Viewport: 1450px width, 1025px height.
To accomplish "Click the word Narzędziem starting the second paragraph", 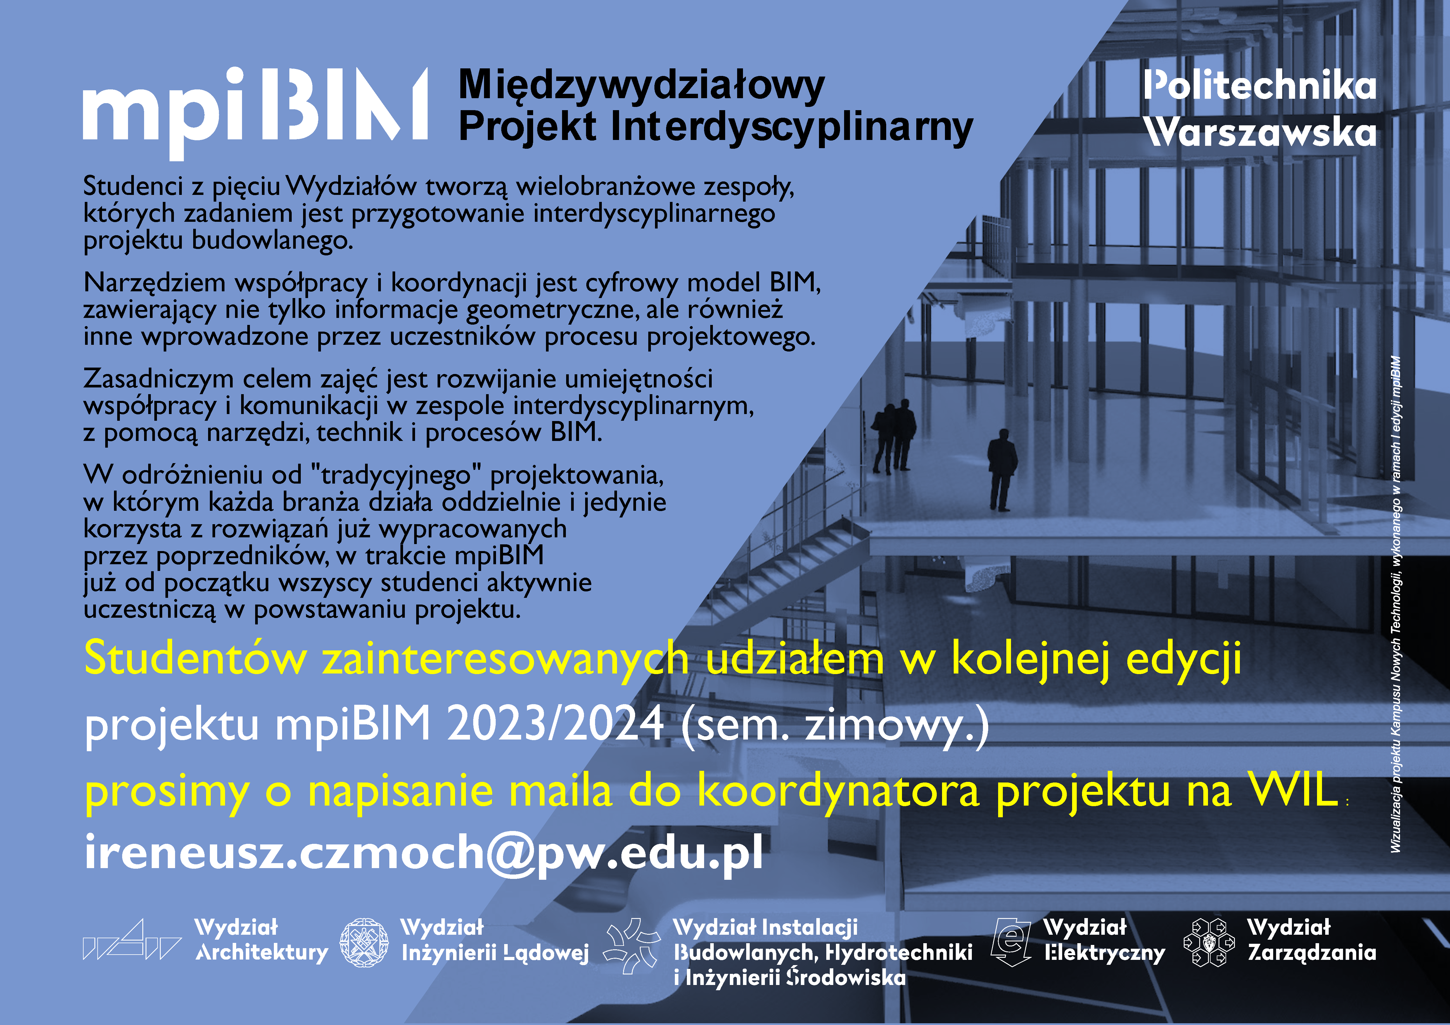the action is click(x=155, y=283).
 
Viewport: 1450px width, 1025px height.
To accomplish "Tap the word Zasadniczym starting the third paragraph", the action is click(x=158, y=379).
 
